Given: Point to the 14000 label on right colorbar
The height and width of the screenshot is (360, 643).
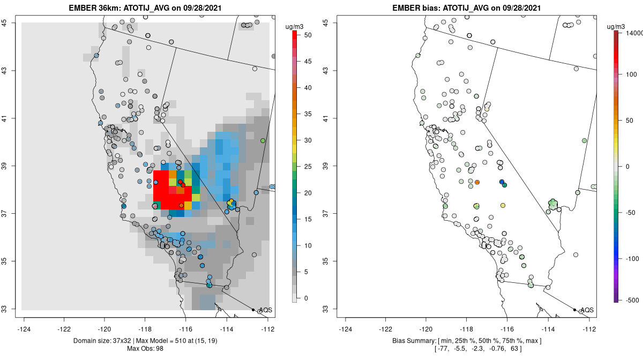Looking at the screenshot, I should tap(634, 33).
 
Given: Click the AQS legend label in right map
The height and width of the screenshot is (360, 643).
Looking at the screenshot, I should tap(587, 310).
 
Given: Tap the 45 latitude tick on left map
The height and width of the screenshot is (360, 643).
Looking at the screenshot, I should tap(11, 22).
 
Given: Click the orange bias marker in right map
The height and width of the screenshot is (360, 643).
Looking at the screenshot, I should tap(477, 182).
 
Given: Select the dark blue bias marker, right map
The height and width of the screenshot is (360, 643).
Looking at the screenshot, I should tap(502, 182).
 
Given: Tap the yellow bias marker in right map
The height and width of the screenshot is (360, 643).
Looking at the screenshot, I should tap(503, 205).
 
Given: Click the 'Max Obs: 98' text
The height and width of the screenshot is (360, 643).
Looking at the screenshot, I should tap(145, 349).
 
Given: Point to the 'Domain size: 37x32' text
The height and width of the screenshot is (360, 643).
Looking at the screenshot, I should tap(107, 341).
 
